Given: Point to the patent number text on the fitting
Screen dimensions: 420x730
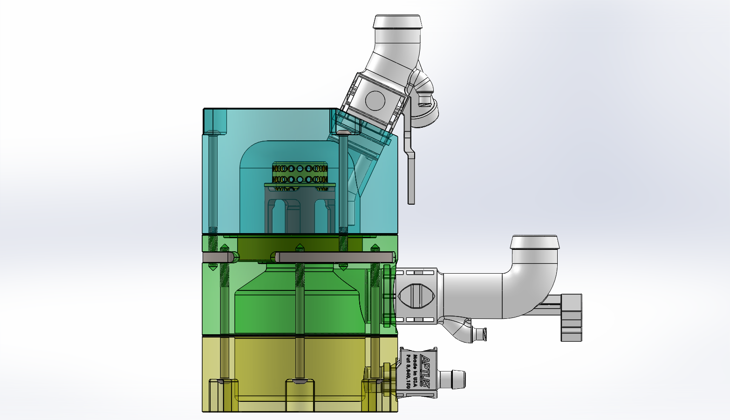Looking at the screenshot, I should pos(409,372).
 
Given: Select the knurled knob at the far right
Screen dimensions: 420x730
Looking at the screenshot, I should pos(571,317).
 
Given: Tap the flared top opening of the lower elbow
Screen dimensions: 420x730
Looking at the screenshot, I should pos(534,243).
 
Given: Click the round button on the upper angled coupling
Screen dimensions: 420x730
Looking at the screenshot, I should pos(375,100).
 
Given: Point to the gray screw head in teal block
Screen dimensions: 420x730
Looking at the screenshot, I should pos(344,133).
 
